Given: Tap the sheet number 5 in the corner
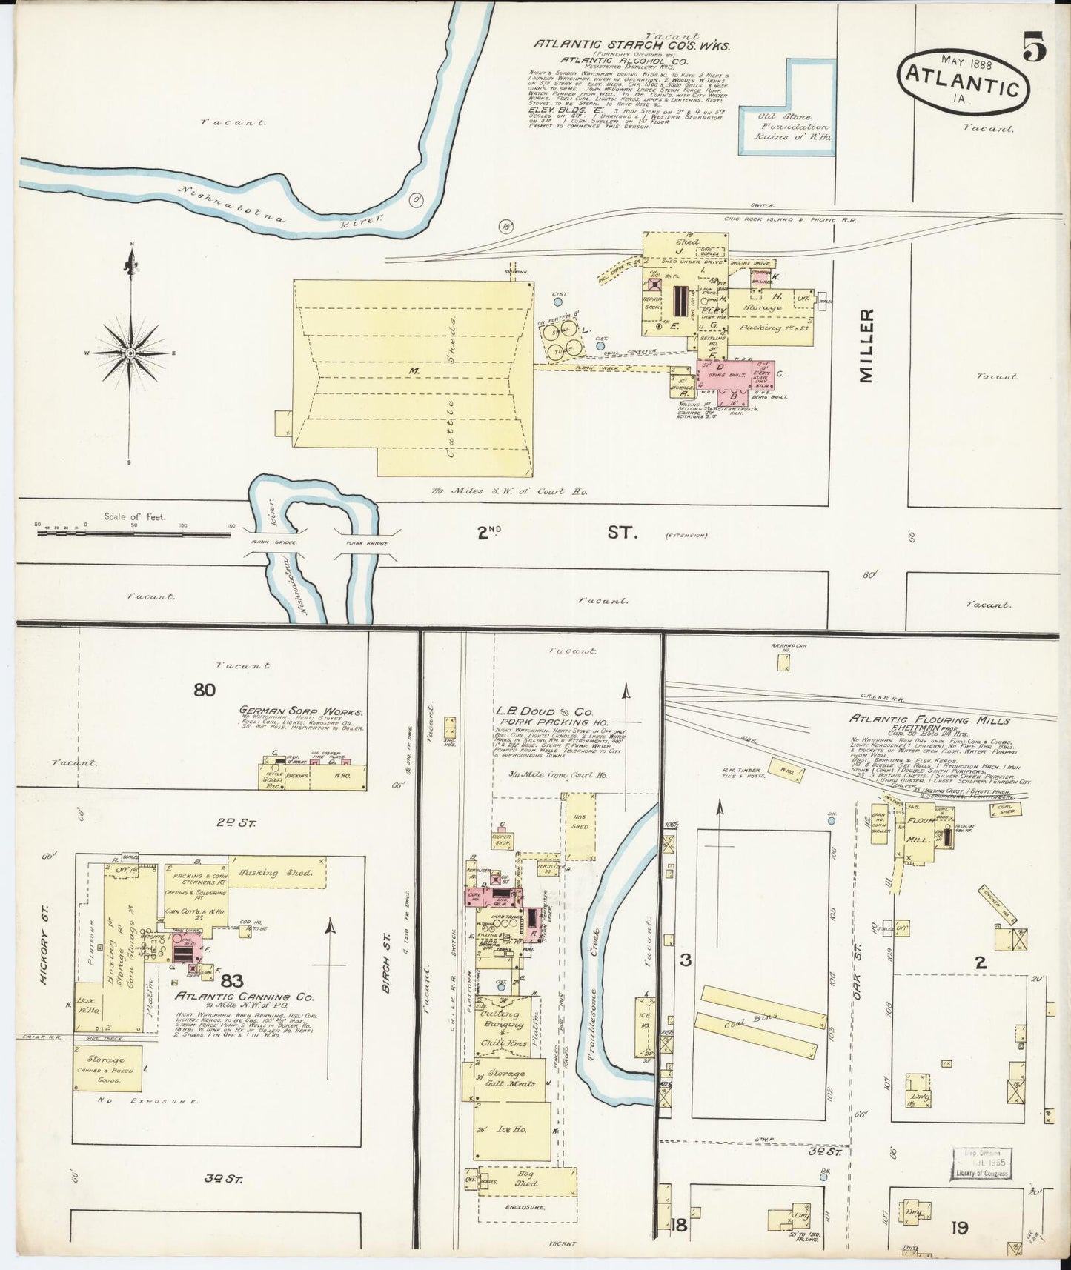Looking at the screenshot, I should [1035, 50].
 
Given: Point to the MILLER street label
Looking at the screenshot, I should [866, 345].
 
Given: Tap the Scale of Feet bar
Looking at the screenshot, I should [133, 531].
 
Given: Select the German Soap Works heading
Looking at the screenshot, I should [300, 710].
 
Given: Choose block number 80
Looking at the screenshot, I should [205, 690].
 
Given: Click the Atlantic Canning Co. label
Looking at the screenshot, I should [244, 997].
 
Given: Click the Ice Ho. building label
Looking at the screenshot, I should [511, 1130].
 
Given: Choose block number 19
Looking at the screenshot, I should [959, 1228].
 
